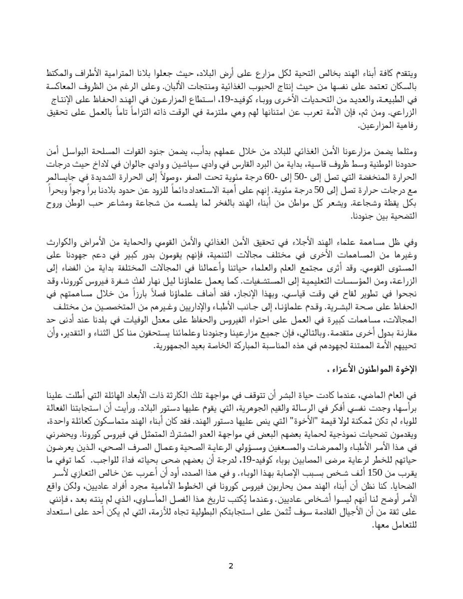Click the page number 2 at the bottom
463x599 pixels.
coord(231,566)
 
